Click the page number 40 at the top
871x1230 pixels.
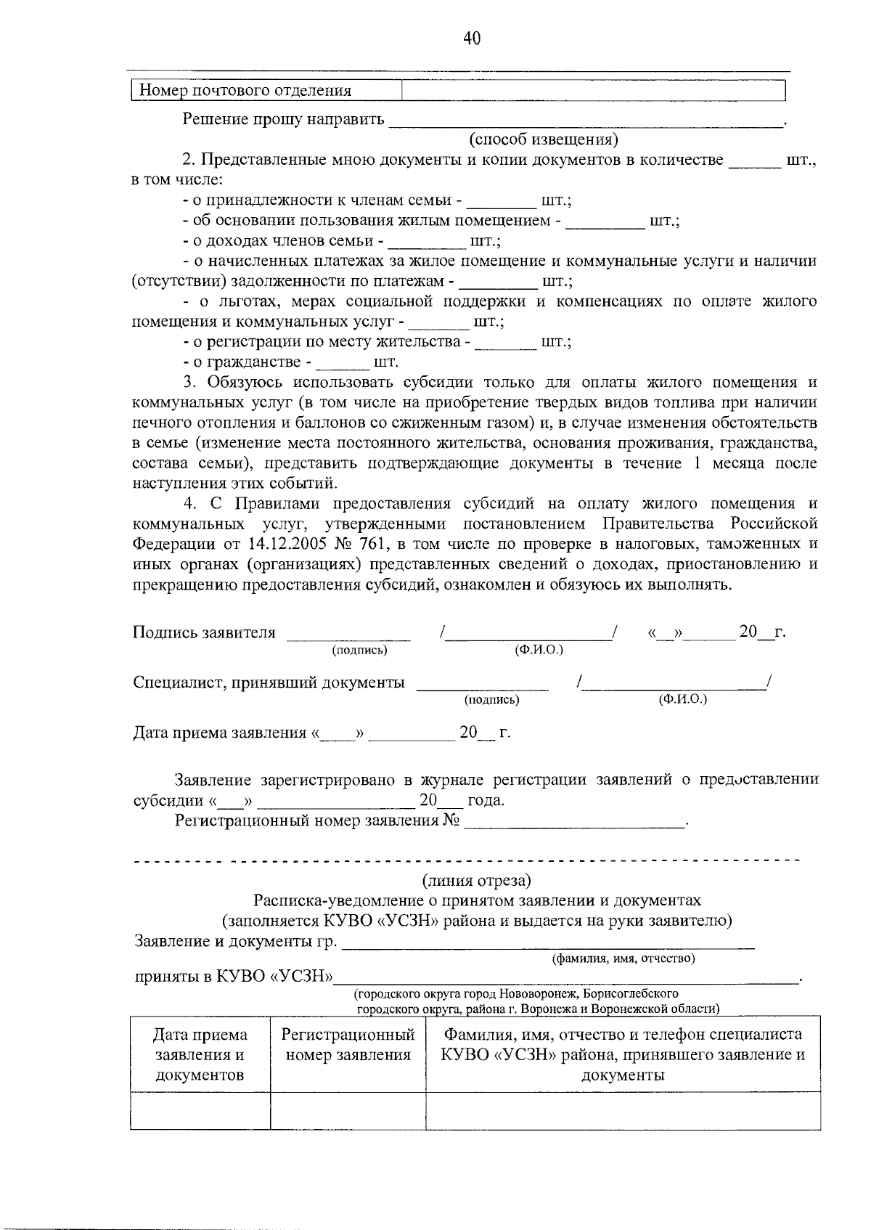[471, 38]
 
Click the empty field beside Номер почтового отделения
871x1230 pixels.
[593, 91]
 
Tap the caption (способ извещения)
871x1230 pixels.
[543, 139]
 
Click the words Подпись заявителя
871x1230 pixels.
[204, 632]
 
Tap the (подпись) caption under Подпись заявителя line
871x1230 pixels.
[359, 651]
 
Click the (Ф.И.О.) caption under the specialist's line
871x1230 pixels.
[682, 699]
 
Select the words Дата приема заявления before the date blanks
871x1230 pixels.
[221, 733]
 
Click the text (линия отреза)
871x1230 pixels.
[477, 881]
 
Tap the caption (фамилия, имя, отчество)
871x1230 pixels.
[623, 958]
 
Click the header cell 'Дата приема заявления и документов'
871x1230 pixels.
[200, 1054]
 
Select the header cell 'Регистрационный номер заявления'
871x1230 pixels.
[348, 1045]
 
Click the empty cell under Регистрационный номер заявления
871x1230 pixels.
[348, 1110]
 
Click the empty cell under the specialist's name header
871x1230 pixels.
[623, 1110]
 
